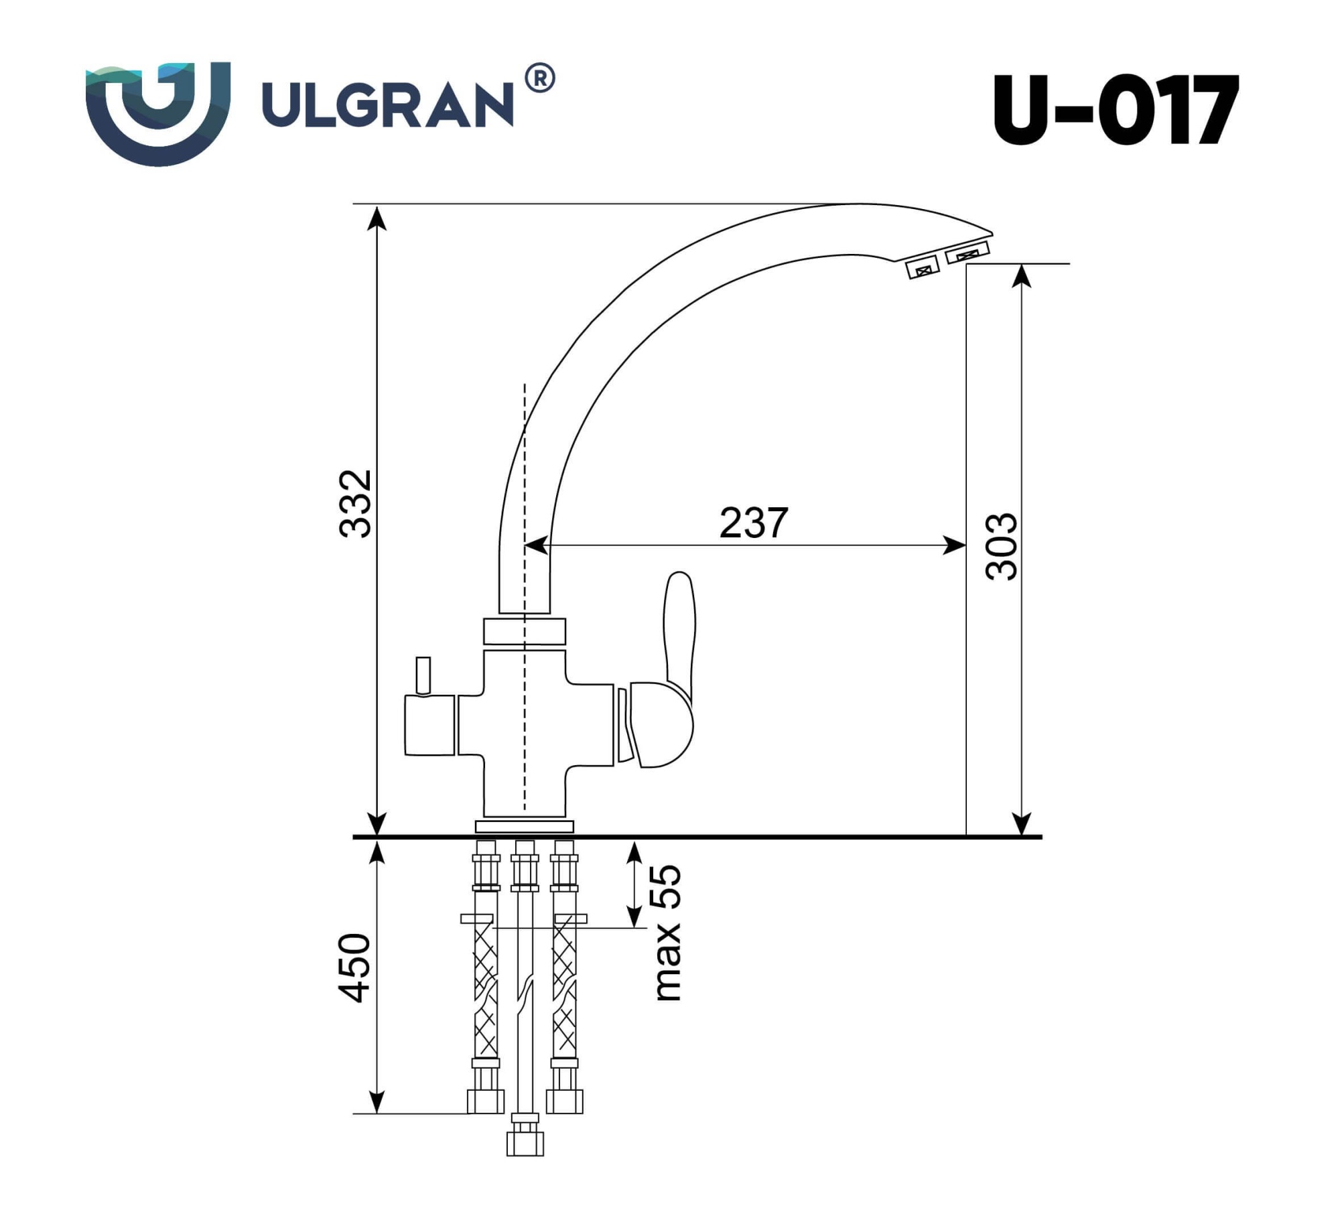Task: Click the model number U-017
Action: pos(1115,110)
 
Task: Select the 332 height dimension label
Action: pos(355,504)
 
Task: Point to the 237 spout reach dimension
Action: pos(753,523)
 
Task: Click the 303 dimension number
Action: pos(1002,547)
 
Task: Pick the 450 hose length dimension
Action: pos(355,967)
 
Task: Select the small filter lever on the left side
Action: pos(423,675)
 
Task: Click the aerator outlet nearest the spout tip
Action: pos(967,254)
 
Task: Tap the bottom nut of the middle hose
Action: pos(525,1143)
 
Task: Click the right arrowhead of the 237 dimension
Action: pos(955,545)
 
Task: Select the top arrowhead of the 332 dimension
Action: pos(378,218)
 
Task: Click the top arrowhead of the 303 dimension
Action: pos(1020,277)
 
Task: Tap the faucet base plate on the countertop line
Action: pos(525,826)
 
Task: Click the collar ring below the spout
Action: pos(525,631)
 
